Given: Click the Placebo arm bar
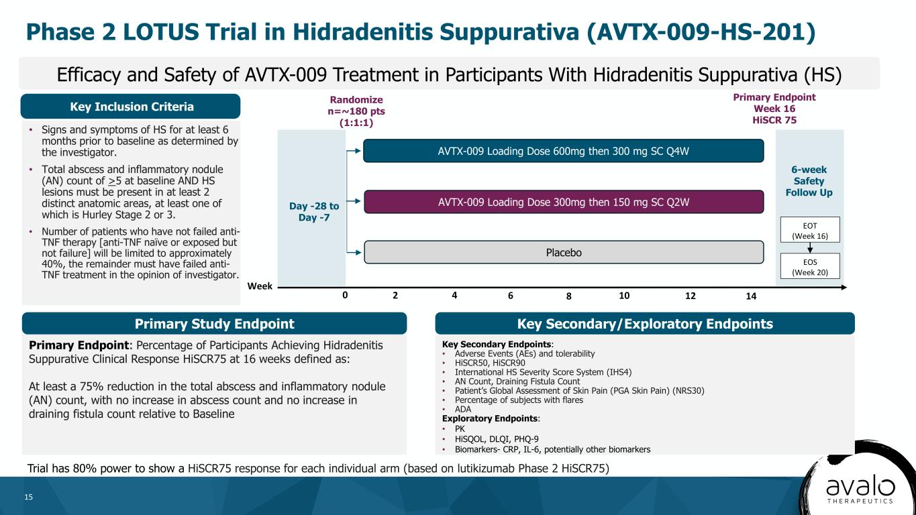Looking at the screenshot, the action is (564, 252).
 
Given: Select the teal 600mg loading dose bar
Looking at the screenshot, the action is (564, 151).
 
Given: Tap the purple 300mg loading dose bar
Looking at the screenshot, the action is (564, 201).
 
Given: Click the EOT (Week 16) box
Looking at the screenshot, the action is (810, 230).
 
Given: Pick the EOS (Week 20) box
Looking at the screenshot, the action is (810, 266).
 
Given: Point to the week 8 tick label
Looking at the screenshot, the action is (568, 296).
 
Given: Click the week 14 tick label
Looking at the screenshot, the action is (751, 296).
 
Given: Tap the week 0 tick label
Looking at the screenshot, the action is (345, 295).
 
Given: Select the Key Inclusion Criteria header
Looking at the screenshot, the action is (130, 106).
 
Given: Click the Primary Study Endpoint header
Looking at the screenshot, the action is (214, 323).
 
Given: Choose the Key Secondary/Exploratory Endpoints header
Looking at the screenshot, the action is (645, 323).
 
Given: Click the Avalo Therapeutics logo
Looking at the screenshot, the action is (860, 490).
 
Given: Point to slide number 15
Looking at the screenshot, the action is (28, 497).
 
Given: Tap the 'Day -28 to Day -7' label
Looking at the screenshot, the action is (313, 211).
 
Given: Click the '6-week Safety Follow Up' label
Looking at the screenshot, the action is (809, 180).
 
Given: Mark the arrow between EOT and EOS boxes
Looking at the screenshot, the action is (810, 247).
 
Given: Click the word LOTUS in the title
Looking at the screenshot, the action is (161, 32).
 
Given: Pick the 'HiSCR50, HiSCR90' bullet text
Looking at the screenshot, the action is (490, 363).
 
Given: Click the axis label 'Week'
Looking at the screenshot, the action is (260, 286).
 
